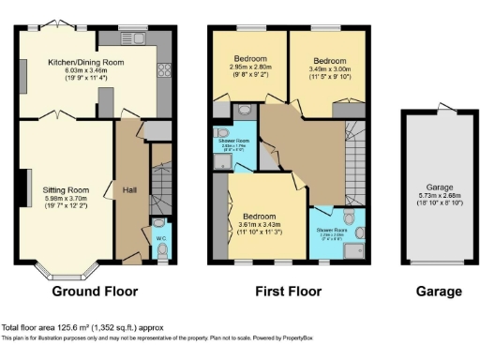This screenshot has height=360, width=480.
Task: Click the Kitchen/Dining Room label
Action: pyautogui.click(x=86, y=64)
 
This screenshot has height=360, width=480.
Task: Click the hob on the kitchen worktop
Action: pyautogui.click(x=165, y=69)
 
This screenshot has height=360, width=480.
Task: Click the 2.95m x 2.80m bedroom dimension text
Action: pyautogui.click(x=249, y=67)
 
